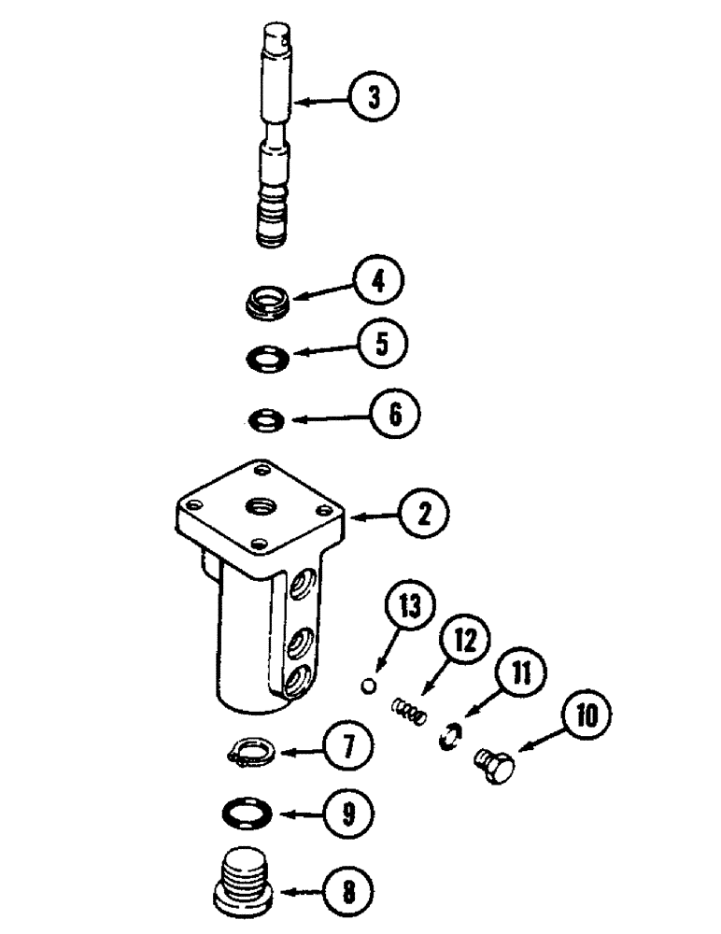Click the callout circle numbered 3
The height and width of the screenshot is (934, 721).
tap(373, 97)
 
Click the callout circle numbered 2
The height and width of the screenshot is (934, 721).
tap(423, 516)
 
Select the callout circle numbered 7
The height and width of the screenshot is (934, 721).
tap(344, 747)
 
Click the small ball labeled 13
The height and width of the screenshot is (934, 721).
tap(370, 686)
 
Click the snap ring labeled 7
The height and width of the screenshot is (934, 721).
tap(249, 750)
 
